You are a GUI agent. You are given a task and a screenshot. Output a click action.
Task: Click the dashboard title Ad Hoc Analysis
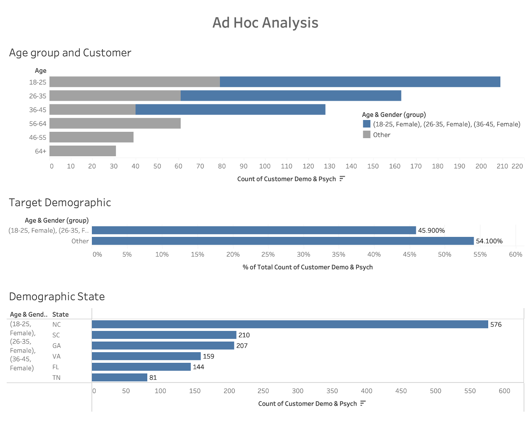(265, 23)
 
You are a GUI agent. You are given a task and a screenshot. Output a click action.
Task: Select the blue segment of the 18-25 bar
(360, 82)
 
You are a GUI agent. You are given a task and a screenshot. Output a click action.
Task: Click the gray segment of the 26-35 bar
(115, 96)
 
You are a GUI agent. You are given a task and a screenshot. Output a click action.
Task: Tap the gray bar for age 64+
(82, 151)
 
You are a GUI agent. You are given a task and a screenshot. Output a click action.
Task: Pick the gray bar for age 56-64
(115, 124)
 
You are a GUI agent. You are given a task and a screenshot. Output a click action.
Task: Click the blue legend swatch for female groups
(366, 124)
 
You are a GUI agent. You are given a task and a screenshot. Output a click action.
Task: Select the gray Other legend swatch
(366, 135)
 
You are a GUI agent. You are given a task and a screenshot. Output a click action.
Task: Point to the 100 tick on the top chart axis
(265, 166)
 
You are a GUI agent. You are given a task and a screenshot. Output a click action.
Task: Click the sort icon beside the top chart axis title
(342, 179)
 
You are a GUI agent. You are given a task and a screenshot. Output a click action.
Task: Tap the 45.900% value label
(431, 231)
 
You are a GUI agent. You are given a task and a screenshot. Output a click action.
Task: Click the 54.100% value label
(489, 241)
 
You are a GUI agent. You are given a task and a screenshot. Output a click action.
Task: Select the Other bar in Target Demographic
(283, 241)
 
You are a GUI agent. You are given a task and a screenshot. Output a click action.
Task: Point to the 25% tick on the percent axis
(268, 255)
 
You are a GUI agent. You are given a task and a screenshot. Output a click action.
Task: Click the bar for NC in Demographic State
(290, 324)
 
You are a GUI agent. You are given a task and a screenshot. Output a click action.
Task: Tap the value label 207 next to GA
(242, 346)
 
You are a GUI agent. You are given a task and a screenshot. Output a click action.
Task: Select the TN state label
(57, 378)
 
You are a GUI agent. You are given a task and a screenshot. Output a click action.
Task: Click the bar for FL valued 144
(141, 367)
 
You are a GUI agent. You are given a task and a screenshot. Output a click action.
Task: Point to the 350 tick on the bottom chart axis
(332, 391)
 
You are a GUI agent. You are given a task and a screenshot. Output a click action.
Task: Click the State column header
(60, 314)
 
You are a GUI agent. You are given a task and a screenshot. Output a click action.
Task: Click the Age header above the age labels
(40, 71)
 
